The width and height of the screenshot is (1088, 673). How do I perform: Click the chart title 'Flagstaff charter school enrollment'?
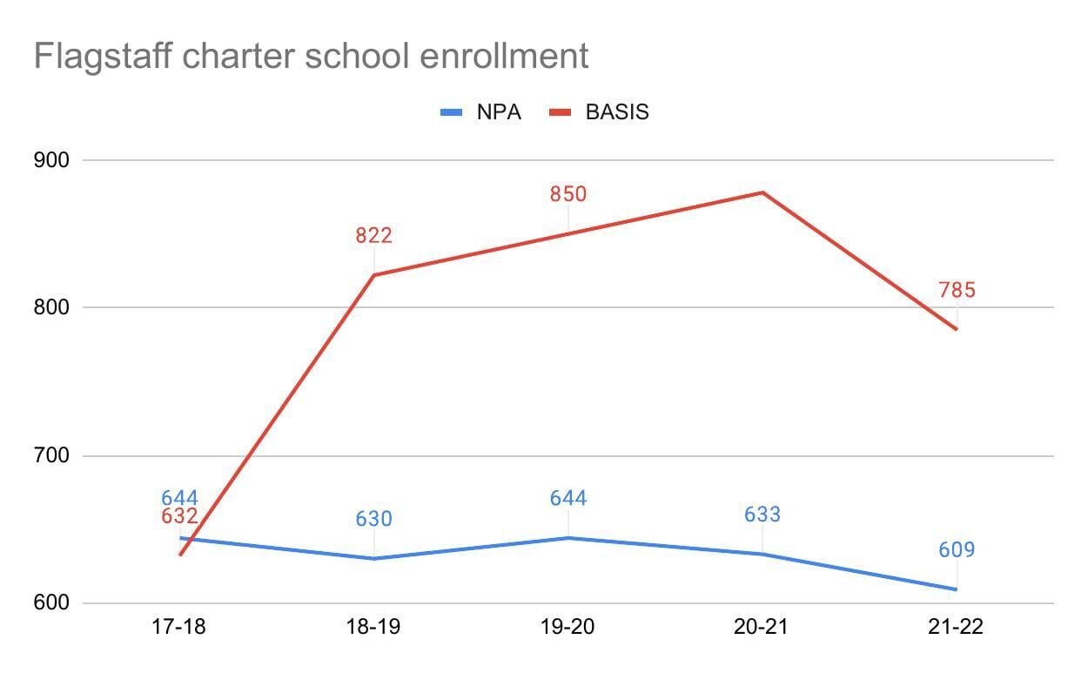[x=311, y=57]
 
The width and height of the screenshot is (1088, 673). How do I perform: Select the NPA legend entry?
[x=480, y=112]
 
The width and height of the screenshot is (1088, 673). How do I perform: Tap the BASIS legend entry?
[x=599, y=112]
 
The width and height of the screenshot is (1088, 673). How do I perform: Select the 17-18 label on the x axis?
[x=179, y=628]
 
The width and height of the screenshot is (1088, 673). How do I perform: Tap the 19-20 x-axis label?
[x=568, y=628]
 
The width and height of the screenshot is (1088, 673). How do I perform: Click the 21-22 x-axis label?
[x=957, y=628]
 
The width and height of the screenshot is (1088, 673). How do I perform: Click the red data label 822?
[x=373, y=235]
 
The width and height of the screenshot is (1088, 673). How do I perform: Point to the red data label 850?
[x=568, y=193]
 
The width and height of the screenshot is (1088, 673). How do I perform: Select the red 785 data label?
[x=957, y=290]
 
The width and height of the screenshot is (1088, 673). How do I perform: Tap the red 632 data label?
[x=179, y=517]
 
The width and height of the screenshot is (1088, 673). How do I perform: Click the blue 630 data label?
[x=373, y=519]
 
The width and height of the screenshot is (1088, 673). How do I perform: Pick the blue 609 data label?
[x=957, y=550]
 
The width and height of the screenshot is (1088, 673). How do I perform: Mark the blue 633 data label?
[x=762, y=515]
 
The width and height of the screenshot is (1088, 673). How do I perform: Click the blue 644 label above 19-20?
[x=568, y=498]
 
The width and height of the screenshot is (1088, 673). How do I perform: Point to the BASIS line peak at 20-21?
[x=762, y=192]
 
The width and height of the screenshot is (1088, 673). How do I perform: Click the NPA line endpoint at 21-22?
[x=957, y=589]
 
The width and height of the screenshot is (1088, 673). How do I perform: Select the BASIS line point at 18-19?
[x=373, y=275]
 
